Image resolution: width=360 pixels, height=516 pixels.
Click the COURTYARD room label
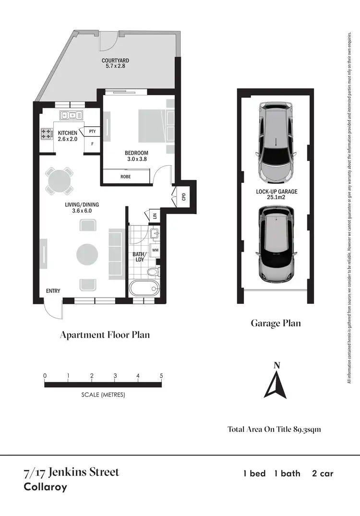115,63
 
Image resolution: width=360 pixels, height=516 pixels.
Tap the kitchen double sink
71,115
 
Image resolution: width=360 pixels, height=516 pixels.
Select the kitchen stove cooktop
47,133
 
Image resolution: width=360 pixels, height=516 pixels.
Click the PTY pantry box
92,131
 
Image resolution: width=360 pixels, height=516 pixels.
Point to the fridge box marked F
92,144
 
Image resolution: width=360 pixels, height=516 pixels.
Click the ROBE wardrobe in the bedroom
125,177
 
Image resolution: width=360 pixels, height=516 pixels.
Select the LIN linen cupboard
155,216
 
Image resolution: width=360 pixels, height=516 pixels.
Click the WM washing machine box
155,250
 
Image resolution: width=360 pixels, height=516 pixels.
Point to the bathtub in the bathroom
144,289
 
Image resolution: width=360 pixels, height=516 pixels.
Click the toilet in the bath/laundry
153,273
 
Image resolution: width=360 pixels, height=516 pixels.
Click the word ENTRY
53,291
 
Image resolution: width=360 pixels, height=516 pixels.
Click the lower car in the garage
276,244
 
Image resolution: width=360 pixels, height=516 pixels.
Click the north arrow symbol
276,384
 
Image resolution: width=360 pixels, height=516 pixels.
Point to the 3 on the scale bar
115,375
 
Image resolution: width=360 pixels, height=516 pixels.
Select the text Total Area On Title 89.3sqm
274,429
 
